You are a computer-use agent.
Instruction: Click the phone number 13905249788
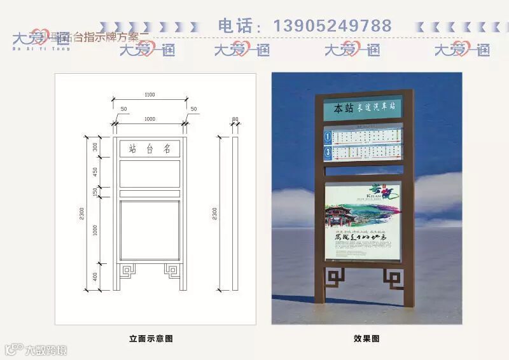(332, 26)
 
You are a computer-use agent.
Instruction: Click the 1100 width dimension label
(150, 95)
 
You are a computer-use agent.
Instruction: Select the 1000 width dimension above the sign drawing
(150, 119)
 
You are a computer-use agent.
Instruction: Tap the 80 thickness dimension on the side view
(235, 119)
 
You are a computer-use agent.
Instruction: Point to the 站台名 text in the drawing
(150, 149)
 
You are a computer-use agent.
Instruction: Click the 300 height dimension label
(95, 147)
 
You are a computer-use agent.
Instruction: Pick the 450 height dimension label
(95, 172)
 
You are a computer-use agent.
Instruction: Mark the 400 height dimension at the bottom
(95, 276)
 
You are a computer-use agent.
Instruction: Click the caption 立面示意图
(151, 338)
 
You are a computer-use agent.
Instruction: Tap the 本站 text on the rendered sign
(344, 108)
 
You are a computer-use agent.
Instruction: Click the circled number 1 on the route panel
(327, 135)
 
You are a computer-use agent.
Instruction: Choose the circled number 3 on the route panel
(327, 152)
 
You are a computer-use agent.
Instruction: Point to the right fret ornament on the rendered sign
(393, 278)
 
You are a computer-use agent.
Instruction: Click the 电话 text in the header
(236, 26)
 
